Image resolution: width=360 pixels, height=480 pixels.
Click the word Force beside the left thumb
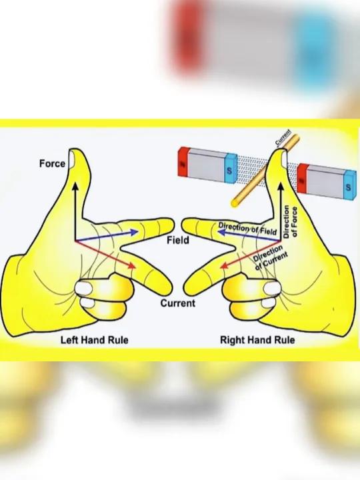[53, 164]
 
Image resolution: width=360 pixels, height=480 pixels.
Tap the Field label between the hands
[178, 240]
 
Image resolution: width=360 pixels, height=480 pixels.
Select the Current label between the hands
[178, 303]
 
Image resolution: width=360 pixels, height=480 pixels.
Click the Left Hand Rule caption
[95, 340]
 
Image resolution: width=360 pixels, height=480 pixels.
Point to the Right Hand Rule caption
[257, 340]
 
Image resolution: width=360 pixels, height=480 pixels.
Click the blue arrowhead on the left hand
[135, 232]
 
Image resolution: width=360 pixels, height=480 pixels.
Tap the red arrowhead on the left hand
[132, 265]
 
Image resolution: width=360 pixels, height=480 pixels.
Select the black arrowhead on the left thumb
[75, 185]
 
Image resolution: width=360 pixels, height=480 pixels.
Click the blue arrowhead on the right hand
[221, 233]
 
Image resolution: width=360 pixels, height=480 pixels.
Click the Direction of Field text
[247, 229]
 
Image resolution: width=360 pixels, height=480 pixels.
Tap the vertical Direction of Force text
[290, 221]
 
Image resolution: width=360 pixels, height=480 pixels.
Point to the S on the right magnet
[349, 187]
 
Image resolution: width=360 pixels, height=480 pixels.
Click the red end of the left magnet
[183, 161]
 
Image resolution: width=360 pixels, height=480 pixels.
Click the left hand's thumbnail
[72, 160]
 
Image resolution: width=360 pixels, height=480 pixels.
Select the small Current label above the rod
[283, 138]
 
